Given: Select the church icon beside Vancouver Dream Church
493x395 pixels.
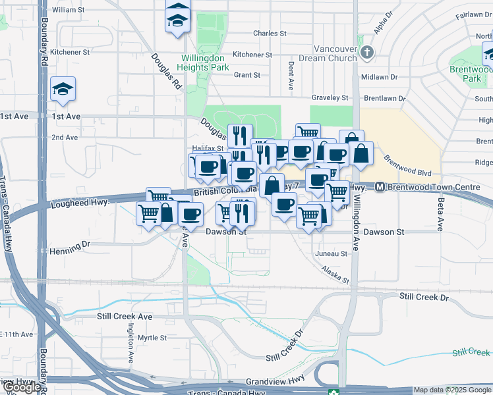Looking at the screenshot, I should tap(368, 52).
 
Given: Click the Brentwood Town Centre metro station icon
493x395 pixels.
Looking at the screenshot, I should tap(380, 188).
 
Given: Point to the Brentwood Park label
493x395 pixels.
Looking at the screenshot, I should tap(471, 73).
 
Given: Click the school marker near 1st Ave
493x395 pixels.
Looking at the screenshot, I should tap(63, 88).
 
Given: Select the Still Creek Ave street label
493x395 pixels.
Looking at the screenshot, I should tap(125, 317).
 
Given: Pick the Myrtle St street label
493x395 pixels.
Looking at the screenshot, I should tap(152, 338).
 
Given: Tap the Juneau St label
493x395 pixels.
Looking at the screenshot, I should tap(332, 253).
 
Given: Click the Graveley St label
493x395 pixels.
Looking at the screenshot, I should tap(330, 98).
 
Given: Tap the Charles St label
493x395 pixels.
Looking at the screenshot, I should tap(270, 33).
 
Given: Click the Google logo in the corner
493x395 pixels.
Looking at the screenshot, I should tap(21, 388).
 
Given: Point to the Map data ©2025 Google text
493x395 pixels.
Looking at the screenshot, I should tap(452, 390).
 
